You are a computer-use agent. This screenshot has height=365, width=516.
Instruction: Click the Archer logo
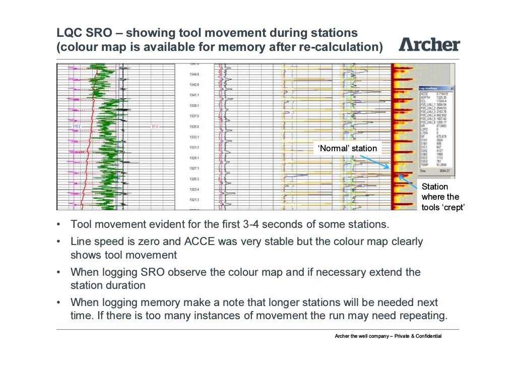(429, 44)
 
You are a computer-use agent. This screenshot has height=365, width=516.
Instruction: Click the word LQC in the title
(69, 33)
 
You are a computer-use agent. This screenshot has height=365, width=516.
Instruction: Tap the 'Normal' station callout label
(347, 148)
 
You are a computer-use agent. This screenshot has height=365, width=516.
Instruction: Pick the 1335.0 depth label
(193, 127)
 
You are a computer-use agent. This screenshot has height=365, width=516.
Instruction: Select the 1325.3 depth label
(193, 179)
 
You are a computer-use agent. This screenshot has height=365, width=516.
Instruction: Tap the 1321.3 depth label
(193, 200)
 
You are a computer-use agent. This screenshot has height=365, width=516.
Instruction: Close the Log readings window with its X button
(452, 87)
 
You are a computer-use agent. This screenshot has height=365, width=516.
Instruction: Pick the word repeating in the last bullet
(425, 316)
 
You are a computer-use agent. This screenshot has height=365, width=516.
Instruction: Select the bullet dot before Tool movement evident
(59, 224)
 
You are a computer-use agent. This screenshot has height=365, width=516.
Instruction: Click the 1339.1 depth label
(193, 105)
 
